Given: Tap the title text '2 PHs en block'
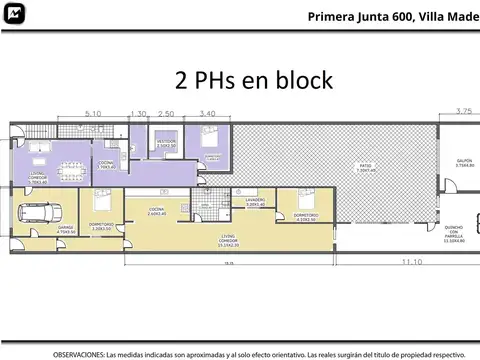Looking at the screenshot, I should coord(253,80).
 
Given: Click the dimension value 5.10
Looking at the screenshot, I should coord(93,114).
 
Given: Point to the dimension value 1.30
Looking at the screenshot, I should coord(138,114).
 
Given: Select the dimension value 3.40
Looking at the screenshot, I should coord(208,114).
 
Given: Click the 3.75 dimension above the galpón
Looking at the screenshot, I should coord(462,110).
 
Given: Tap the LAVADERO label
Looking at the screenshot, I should coord(256,201).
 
